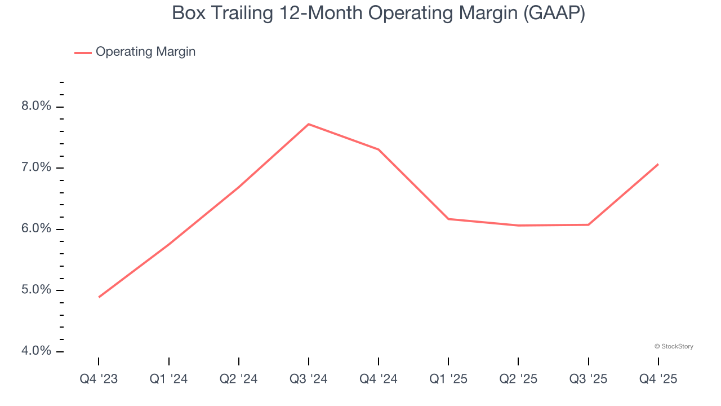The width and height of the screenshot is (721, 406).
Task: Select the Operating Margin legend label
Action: coord(145,52)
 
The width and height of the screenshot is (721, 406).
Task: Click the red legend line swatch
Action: coord(83,52)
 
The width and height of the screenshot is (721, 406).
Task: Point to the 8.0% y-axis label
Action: coord(37,107)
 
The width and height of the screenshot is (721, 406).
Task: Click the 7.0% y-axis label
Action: coord(37,167)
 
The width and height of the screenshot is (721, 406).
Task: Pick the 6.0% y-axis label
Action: coord(37,229)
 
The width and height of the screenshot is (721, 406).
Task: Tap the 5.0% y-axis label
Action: coord(37,290)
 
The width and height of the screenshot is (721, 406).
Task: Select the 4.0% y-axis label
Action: coord(37,351)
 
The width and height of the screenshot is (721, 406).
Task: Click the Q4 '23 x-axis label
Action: coord(99,379)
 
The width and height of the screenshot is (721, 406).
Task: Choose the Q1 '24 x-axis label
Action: coord(168,379)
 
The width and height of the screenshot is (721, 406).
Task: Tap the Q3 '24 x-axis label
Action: coord(309,379)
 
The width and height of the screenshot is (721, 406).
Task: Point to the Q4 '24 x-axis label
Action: coord(379,379)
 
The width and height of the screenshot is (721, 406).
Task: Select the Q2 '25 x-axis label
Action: coord(518,379)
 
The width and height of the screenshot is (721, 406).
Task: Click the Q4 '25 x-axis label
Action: coord(658,379)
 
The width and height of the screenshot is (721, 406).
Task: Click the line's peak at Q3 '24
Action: coord(309,124)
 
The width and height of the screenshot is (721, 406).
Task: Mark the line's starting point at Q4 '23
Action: coord(99,297)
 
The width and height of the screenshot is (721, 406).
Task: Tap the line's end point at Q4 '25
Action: coord(658,164)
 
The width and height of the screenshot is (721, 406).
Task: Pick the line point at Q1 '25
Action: coord(448,219)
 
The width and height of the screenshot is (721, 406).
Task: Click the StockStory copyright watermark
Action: coord(674,346)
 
